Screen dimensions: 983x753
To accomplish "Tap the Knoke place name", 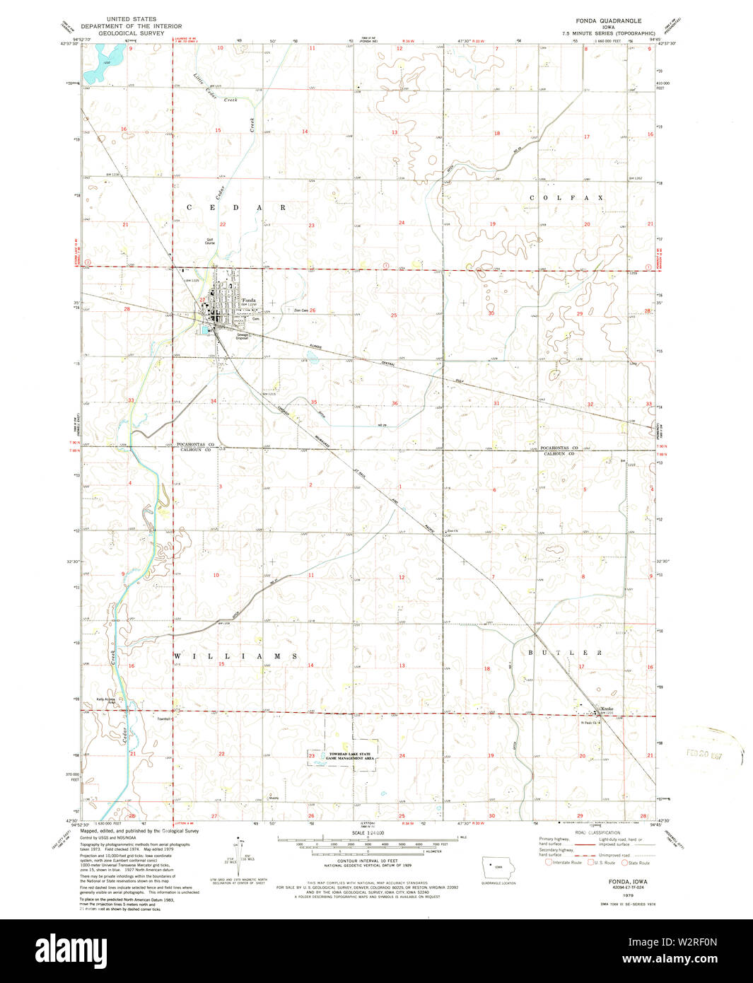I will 607,709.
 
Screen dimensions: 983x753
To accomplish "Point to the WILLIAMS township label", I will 236,656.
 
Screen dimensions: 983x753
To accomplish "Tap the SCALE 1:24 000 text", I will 367,832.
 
